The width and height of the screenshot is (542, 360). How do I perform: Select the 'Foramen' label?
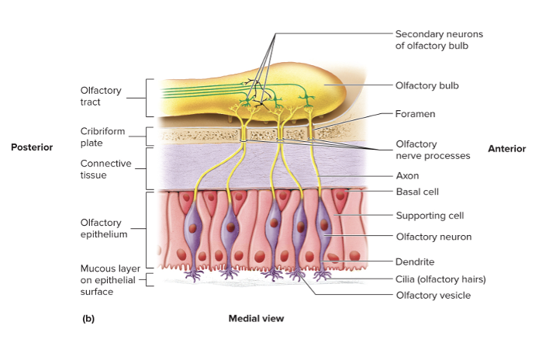click(x=415, y=114)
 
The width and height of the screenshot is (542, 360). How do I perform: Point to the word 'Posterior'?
click(x=32, y=147)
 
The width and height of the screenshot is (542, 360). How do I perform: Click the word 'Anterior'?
click(x=507, y=148)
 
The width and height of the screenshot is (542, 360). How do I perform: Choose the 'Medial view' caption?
click(x=256, y=318)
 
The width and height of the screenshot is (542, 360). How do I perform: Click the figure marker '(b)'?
click(x=88, y=318)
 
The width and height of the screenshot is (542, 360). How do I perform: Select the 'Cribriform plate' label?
click(x=102, y=137)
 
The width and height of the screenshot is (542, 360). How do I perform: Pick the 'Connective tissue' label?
click(x=106, y=169)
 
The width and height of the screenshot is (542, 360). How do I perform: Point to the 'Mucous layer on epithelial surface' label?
click(x=109, y=280)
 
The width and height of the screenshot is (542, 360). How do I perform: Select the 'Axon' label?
click(x=407, y=176)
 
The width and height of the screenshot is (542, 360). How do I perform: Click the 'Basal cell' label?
click(x=418, y=192)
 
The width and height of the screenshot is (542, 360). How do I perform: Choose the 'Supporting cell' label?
click(x=430, y=216)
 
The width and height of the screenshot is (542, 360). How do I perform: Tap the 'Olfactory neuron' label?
click(x=433, y=237)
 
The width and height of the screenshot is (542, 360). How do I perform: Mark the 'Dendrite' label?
click(x=415, y=262)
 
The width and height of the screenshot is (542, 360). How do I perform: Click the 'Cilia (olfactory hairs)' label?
click(x=440, y=279)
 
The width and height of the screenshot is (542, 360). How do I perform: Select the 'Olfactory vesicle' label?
click(x=433, y=295)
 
